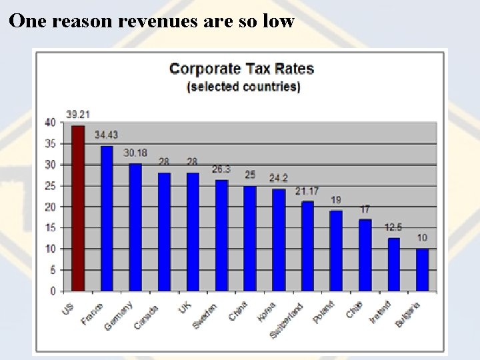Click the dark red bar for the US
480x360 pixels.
coord(78,209)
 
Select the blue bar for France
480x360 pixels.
coord(107,219)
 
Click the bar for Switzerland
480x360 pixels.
coord(307,246)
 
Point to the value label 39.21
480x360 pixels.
coord(78,113)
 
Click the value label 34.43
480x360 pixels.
coord(106,135)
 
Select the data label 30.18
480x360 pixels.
coord(135,153)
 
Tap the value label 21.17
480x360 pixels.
coord(307,191)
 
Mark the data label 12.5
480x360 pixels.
coord(393,227)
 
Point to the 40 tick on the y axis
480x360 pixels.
coord(50,123)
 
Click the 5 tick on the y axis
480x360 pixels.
coord(53,270)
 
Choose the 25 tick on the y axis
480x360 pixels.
coord(50,186)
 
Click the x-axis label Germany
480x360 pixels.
coord(119,315)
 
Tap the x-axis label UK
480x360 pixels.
coord(185,307)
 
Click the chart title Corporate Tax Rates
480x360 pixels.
coord(241,69)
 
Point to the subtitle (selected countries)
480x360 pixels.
coord(243,87)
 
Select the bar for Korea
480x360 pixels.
coord(279,240)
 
